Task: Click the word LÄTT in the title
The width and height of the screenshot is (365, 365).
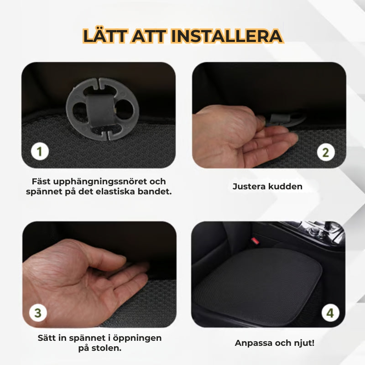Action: pos(105,36)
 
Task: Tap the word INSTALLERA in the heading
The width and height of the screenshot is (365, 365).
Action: pos(227,36)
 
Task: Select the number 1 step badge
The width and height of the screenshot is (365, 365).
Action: pos(40,151)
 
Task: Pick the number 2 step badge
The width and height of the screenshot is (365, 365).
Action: pos(326,152)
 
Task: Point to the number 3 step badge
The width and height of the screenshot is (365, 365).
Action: pos(38,313)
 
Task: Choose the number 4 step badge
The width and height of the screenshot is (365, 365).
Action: pos(330,313)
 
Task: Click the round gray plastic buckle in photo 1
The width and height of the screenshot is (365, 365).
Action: pos(102,109)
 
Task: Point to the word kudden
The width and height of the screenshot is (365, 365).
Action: pos(286,187)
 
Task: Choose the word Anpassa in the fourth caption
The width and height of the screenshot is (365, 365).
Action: pos(253,344)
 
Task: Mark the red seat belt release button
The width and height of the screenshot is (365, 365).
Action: pos(255,241)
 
